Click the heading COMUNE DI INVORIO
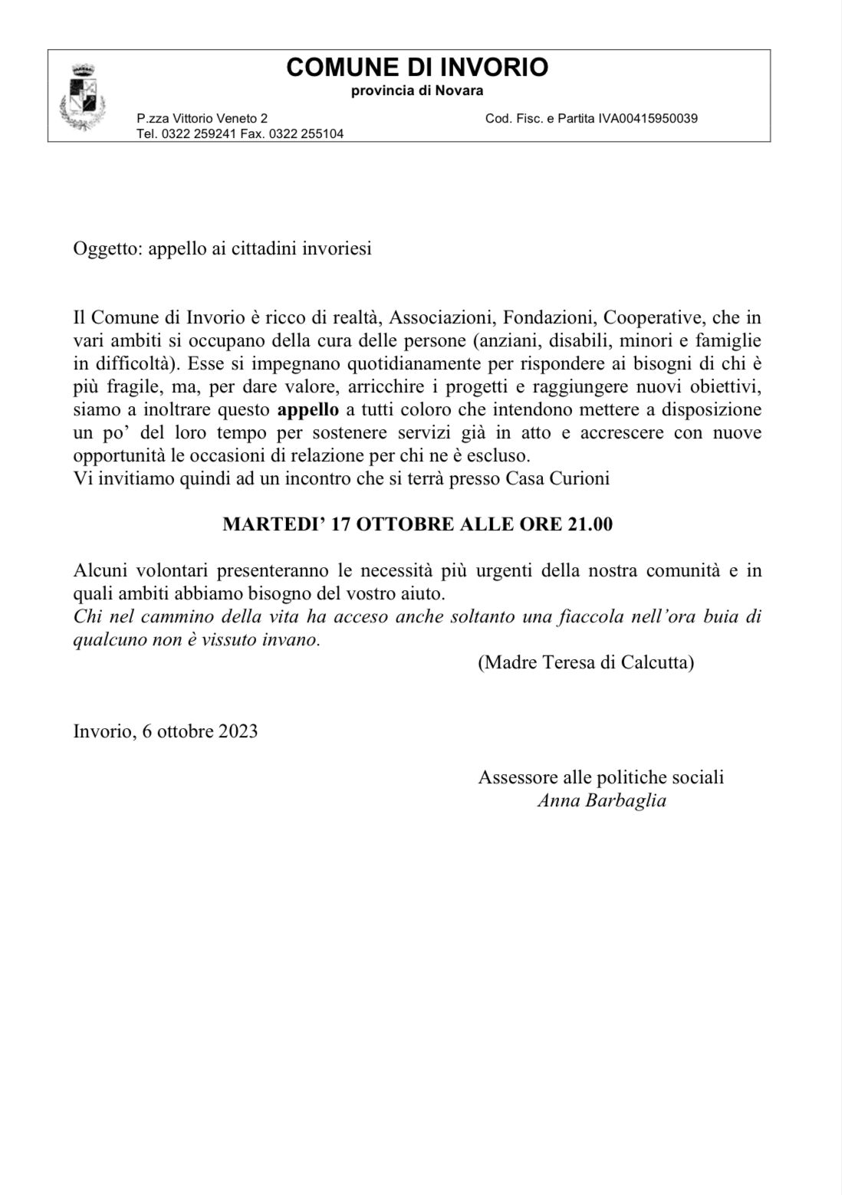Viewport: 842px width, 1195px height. pos(417,67)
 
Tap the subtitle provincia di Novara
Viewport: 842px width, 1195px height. pos(417,91)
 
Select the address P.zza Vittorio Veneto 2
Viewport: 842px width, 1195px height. pos(202,119)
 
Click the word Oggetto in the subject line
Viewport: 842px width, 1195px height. pos(105,250)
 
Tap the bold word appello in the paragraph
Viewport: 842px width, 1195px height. pos(308,409)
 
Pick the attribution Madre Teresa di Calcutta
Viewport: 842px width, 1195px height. pos(586,663)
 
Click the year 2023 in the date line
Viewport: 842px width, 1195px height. pos(237,730)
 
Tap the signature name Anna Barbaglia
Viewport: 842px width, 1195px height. pos(601,801)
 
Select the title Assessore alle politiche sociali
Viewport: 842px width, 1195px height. pos(601,777)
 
